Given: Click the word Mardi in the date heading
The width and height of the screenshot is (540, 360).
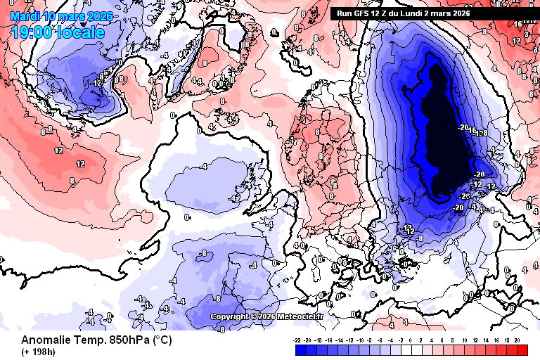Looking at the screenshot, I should [25, 15].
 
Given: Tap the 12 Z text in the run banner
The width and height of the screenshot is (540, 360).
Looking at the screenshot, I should [388, 13].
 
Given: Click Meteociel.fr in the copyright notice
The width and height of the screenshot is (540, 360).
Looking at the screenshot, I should [300, 316].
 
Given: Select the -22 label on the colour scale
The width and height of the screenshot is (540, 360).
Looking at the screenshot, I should [297, 339].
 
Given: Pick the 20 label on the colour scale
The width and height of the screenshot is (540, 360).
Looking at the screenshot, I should [517, 339].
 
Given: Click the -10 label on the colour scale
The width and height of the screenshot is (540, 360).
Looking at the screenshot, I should [361, 339].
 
